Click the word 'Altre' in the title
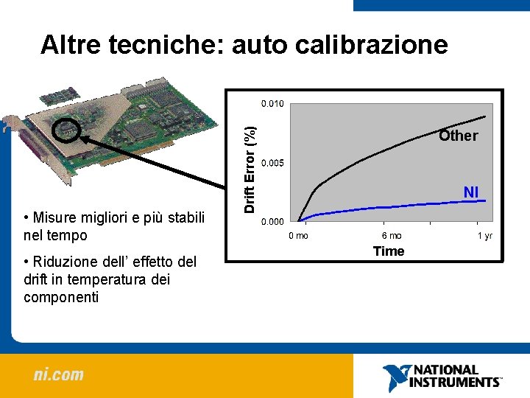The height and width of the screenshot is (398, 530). [71, 45]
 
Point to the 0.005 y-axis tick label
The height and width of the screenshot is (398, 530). [272, 162]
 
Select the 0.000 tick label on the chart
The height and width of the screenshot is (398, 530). [272, 221]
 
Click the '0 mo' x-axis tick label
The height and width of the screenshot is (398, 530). [298, 236]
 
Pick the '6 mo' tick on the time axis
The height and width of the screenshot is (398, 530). [392, 236]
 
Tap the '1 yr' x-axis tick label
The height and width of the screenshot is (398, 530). [485, 236]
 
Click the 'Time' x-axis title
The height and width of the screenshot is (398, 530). [389, 251]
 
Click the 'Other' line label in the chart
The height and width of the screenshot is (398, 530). [458, 136]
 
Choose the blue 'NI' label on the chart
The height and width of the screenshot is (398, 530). [471, 192]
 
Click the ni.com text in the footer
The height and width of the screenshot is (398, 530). [58, 374]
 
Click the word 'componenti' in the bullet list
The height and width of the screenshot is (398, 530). [61, 297]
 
